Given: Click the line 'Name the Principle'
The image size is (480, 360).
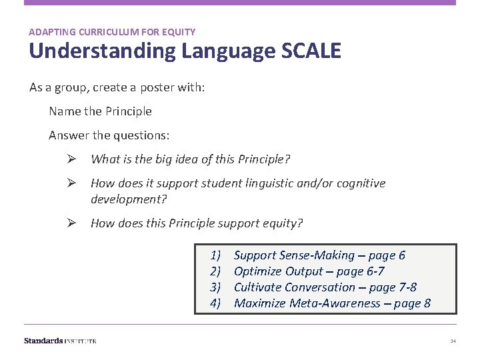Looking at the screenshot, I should pyautogui.click(x=100, y=111).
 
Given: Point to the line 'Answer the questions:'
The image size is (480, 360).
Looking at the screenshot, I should pyautogui.click(x=109, y=135).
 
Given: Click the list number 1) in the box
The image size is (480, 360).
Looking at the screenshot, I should pyautogui.click(x=215, y=255).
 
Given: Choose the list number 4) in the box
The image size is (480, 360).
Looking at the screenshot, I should pyautogui.click(x=215, y=303).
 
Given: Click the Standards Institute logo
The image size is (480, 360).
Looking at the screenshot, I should pyautogui.click(x=60, y=341).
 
